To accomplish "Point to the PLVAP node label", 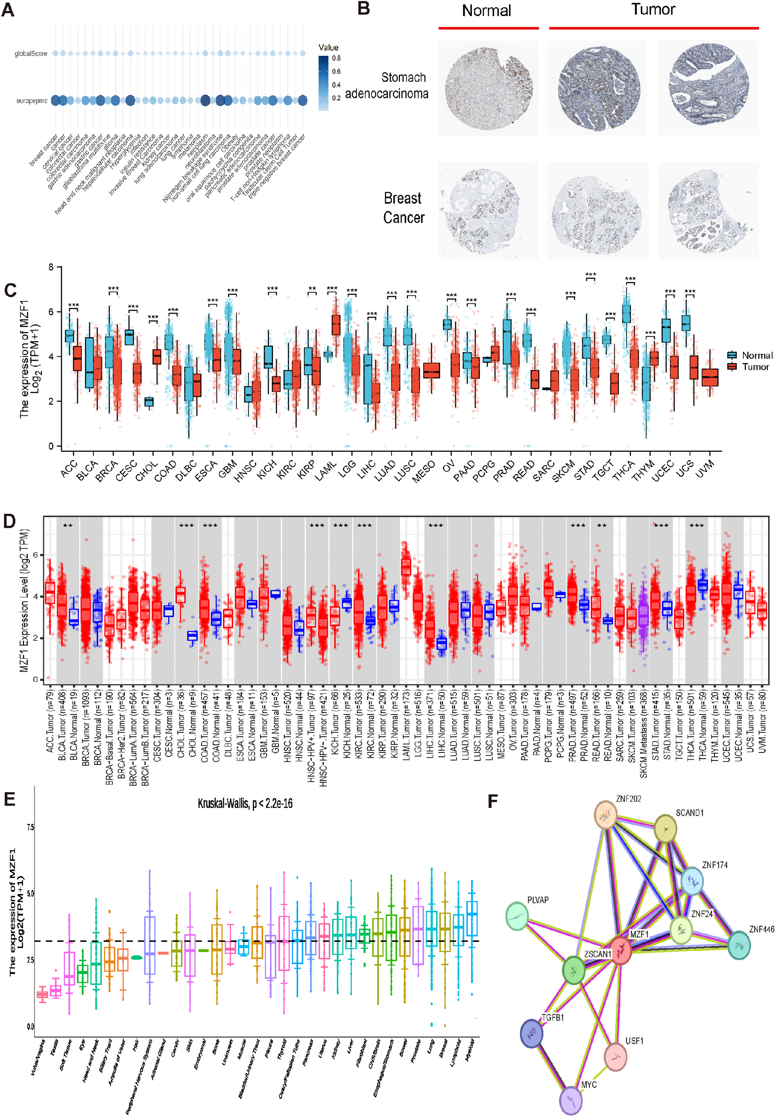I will [538, 900].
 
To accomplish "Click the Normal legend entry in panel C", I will [756, 355].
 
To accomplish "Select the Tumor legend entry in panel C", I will [755, 367].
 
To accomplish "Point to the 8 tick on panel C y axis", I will [51, 267].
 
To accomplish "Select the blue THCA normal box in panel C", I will [627, 313].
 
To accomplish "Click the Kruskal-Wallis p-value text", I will [245, 803].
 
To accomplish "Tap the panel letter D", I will [9, 521].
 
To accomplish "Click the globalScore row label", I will [31, 54].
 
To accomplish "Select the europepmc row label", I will [32, 101].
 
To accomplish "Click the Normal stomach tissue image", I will [488, 88].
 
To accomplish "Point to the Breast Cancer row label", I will [404, 208].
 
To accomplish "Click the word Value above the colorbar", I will [328, 47].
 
